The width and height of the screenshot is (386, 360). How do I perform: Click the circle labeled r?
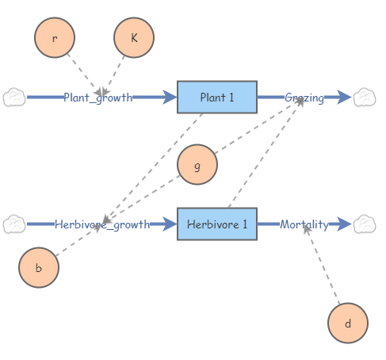pos(55,37)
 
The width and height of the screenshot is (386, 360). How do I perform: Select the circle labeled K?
pos(134,37)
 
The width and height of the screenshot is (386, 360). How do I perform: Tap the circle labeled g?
pos(197,165)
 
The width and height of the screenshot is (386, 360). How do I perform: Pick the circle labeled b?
pos(39,267)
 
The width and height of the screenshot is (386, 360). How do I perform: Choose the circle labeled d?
pos(347,324)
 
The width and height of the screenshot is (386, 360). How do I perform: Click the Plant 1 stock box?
pos(217,98)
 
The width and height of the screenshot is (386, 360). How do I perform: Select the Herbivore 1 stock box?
pos(217,224)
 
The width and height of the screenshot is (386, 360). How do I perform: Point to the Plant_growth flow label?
pos(98,98)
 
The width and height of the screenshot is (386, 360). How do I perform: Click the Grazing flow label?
pos(304,98)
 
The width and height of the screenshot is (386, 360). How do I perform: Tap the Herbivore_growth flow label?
pos(102,224)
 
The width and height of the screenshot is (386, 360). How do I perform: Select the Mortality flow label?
pos(304,224)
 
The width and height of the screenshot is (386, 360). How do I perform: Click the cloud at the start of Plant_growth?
pos(14,98)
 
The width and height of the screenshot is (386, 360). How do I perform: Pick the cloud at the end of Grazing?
pos(364,98)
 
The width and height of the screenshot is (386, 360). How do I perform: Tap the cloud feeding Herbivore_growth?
pos(14,224)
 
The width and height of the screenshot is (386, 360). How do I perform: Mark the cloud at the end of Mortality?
pos(364,224)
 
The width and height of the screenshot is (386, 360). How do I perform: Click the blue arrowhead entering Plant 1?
pos(170,98)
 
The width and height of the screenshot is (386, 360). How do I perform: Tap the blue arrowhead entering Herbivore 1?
pos(170,224)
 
